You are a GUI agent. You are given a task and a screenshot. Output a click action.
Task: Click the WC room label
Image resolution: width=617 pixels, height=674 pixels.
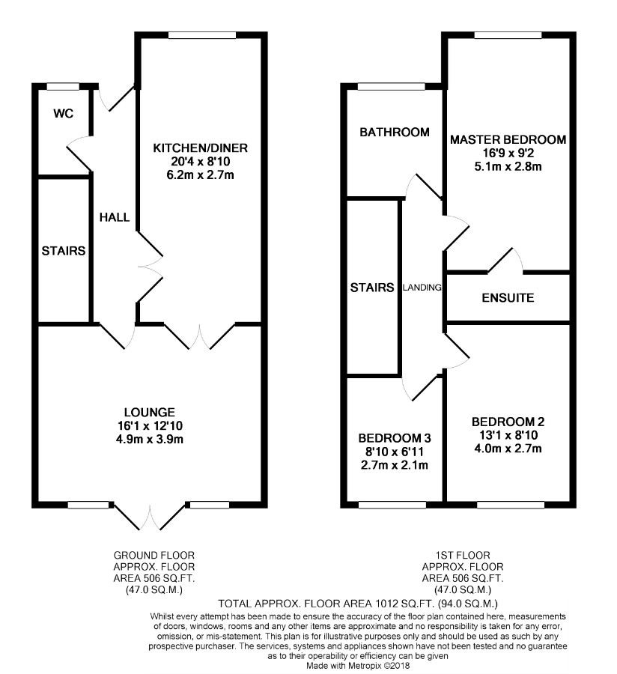[62, 115]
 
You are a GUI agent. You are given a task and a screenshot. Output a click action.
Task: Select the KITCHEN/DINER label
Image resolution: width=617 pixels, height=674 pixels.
[201, 147]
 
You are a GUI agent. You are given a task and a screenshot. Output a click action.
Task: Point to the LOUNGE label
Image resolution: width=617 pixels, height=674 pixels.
[151, 412]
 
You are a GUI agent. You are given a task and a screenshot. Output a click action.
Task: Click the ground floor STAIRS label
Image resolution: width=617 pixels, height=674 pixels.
[64, 250]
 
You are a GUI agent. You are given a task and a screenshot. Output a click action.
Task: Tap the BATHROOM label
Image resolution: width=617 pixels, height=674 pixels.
[395, 133]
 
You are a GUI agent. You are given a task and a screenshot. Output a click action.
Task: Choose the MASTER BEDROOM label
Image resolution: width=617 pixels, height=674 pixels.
[508, 140]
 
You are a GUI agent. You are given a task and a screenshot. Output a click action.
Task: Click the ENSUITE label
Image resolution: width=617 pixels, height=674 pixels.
[508, 298]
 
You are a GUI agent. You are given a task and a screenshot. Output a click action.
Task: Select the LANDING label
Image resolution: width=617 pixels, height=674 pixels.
[422, 287]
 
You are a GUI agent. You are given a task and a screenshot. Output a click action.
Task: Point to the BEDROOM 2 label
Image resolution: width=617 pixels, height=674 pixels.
[508, 421]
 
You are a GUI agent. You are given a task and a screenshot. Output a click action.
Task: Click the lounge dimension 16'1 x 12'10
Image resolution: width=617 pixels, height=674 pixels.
[151, 425]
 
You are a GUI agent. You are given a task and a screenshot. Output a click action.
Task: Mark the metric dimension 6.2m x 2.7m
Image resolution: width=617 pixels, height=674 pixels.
[201, 174]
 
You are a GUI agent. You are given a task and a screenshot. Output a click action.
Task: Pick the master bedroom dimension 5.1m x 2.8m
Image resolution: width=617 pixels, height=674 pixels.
[508, 166]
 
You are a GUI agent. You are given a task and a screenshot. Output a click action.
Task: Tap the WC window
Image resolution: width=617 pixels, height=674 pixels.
[63, 85]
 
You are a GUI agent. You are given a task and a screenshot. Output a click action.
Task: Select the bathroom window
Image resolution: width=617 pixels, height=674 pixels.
[389, 85]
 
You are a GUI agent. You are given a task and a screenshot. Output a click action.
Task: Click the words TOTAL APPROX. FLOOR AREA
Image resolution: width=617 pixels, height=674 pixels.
[293, 603]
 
